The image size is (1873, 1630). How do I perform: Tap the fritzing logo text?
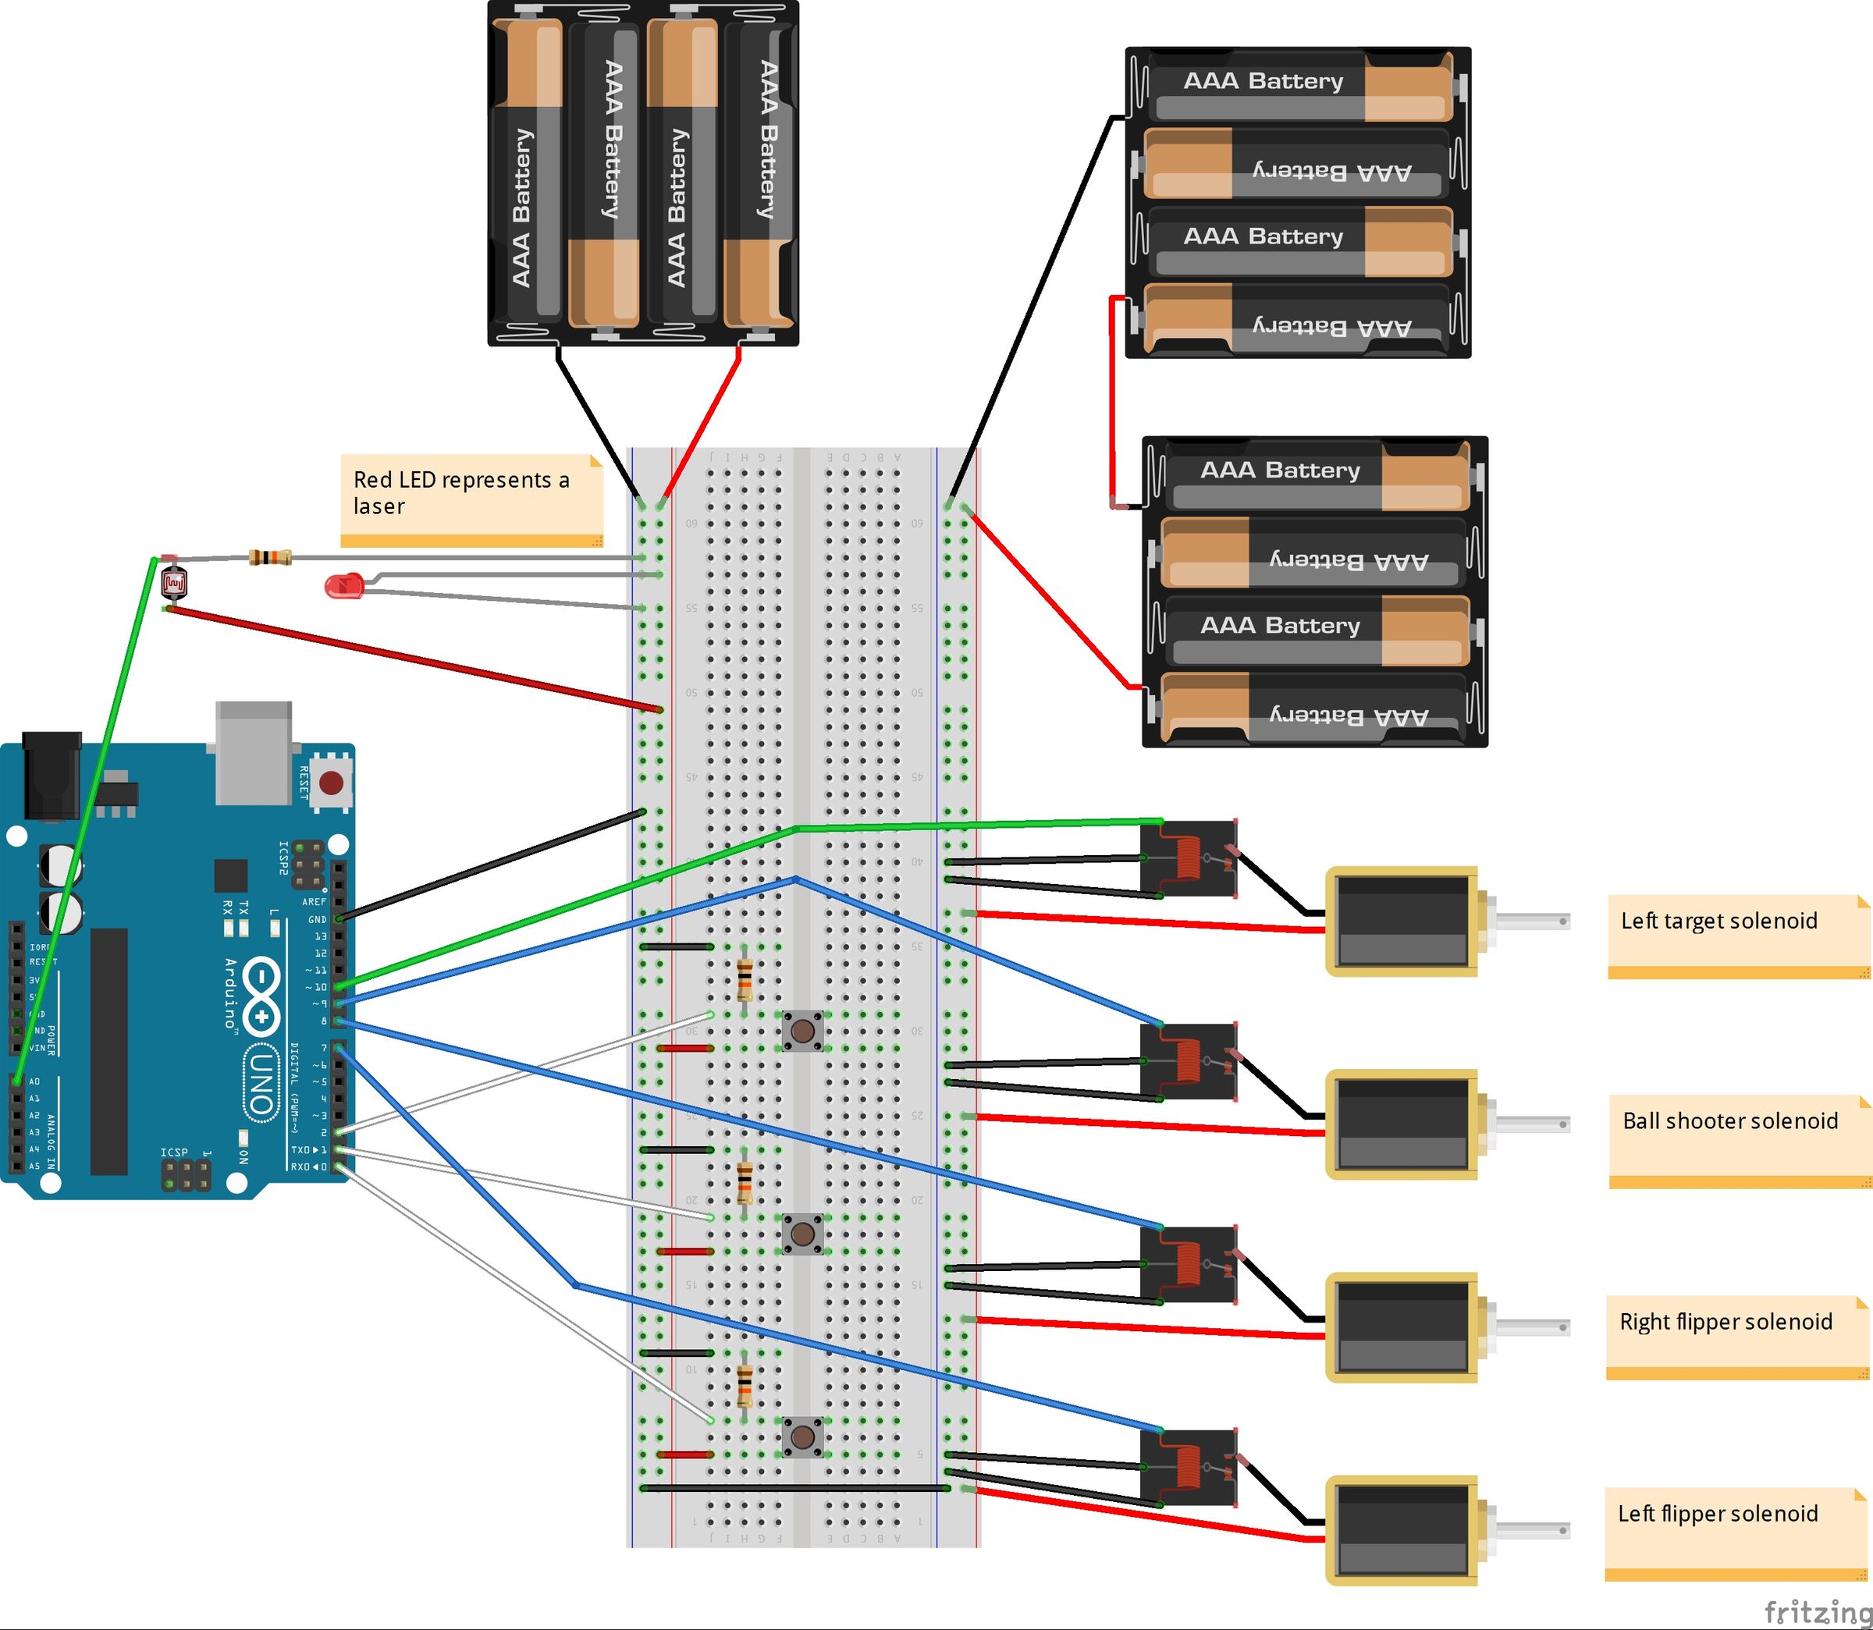coord(1817,1612)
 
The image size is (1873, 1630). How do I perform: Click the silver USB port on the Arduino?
coord(254,751)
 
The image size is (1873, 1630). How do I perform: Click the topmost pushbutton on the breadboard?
coord(802,1031)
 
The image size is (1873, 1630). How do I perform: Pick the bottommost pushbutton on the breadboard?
coord(802,1436)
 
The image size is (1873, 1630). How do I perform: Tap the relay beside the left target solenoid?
coord(1188,858)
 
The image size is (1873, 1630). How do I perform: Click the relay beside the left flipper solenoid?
coord(1188,1466)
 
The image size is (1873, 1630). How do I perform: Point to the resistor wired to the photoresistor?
coord(270,556)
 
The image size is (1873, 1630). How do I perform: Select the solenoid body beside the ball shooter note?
coord(1401,1124)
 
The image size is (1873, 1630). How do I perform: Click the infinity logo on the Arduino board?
coord(261,995)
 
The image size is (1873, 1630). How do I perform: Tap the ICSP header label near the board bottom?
coord(174,1152)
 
